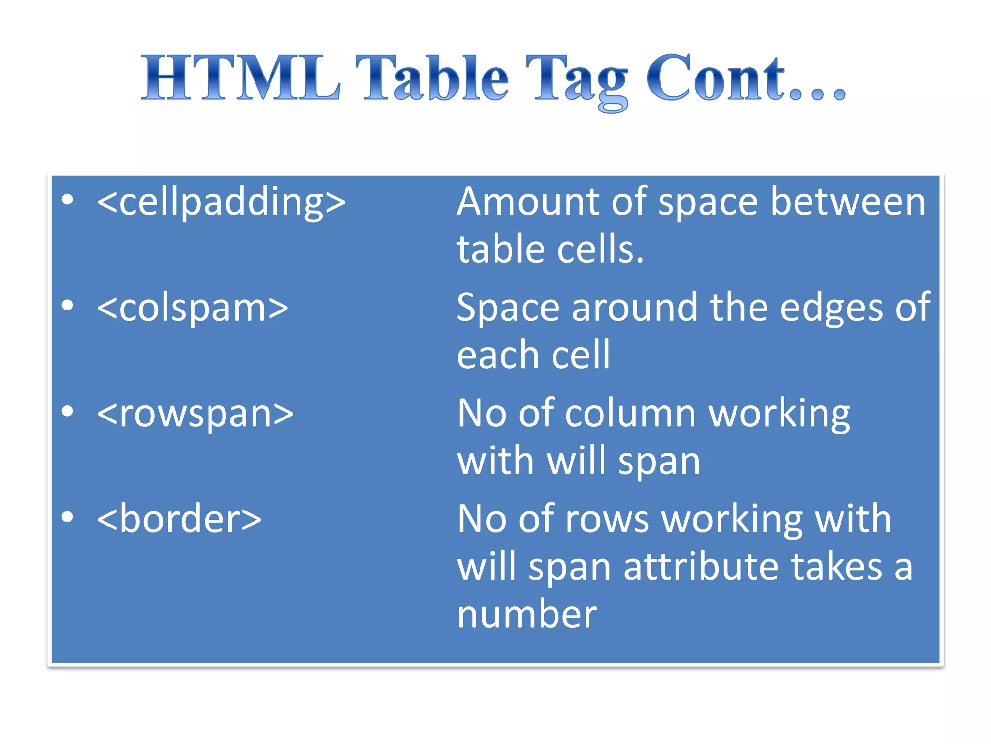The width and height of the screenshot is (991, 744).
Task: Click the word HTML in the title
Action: [240, 77]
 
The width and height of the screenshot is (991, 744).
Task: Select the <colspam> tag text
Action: [193, 308]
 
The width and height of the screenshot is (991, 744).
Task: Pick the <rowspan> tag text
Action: [195, 414]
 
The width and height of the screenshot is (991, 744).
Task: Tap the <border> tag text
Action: [179, 519]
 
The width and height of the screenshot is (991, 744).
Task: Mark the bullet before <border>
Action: [68, 517]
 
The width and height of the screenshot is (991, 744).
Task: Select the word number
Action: [527, 614]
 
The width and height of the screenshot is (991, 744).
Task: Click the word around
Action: [634, 308]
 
